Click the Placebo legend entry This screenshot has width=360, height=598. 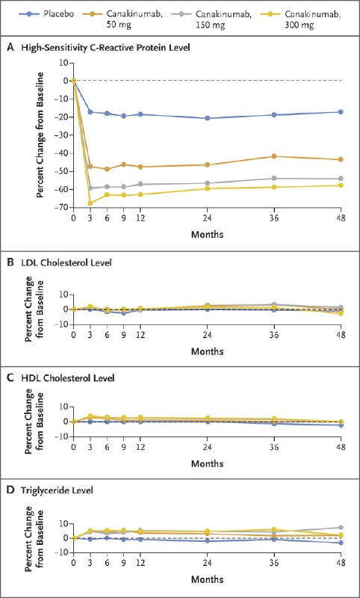43,15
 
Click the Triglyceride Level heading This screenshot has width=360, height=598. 58,491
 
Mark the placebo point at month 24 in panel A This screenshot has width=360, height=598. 207,118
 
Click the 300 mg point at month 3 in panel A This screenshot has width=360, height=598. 90,203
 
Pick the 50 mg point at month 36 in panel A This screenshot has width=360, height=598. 274,156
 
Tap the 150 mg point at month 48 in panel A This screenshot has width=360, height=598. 341,179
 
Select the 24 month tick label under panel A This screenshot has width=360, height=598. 207,219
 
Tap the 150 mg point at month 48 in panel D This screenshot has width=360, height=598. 341,528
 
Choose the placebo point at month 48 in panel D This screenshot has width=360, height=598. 341,543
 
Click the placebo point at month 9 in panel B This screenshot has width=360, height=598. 124,313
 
